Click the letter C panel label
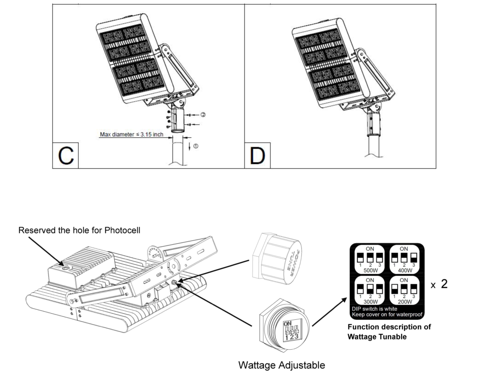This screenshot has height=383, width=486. (65, 155)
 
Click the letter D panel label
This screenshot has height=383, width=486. (257, 155)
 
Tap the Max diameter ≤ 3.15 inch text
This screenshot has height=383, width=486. (131, 134)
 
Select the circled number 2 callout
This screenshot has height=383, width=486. (203, 115)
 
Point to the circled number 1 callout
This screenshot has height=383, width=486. (196, 146)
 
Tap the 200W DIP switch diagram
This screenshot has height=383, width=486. (404, 291)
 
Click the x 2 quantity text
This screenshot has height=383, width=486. (439, 284)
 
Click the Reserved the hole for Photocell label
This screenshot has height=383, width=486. (79, 230)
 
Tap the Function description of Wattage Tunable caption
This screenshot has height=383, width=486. (389, 331)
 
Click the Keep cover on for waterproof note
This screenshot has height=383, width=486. (387, 315)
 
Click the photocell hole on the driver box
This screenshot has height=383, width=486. (65, 268)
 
